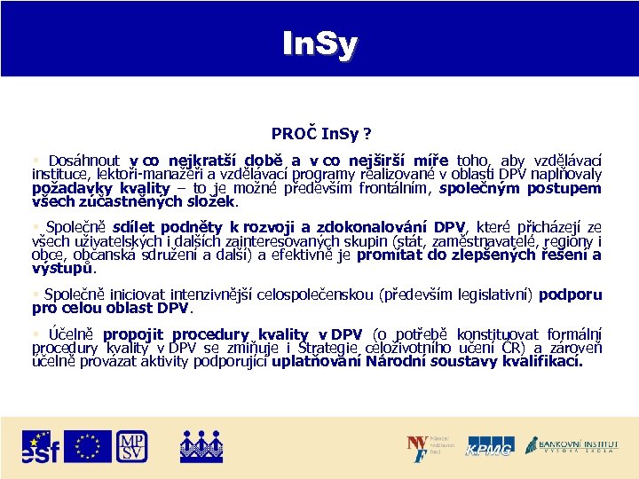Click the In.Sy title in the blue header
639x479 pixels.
tap(319, 43)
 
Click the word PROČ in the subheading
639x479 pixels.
tap(290, 133)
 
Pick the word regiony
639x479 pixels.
tap(570, 241)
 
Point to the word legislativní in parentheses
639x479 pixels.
tap(487, 294)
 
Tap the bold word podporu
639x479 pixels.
tap(570, 294)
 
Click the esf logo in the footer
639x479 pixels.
tap(41, 446)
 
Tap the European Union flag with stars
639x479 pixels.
tap(88, 445)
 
